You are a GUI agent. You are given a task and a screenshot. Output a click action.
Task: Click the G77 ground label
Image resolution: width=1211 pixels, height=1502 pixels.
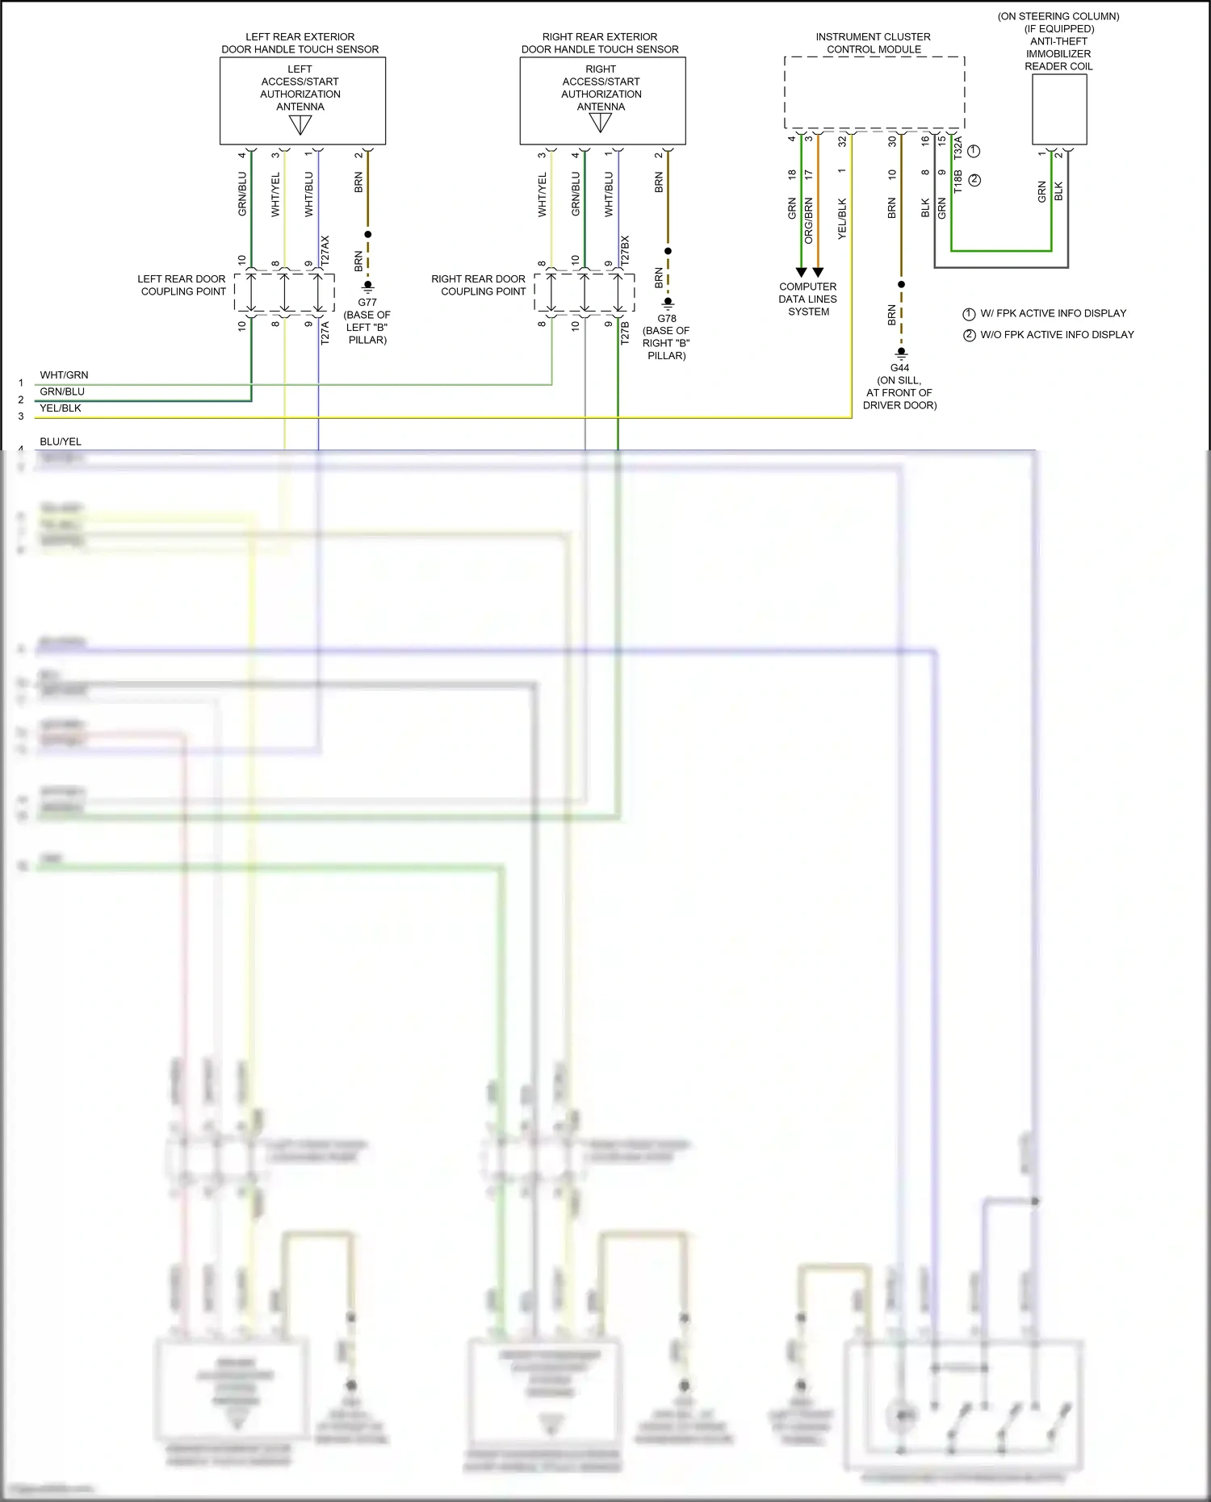click(367, 303)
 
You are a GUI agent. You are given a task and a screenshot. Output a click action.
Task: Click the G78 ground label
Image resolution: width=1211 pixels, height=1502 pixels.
click(667, 318)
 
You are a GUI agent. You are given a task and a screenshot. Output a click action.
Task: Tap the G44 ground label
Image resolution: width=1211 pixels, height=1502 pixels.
click(900, 368)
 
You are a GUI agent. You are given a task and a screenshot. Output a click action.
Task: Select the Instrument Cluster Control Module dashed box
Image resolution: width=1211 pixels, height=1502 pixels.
click(874, 92)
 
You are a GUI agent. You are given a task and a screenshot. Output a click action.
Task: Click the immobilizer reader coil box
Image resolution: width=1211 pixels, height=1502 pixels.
click(1059, 109)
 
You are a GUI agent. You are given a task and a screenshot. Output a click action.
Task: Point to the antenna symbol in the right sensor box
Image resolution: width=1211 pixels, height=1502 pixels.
click(601, 123)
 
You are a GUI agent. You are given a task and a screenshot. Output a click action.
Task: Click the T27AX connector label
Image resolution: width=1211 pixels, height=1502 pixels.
click(325, 252)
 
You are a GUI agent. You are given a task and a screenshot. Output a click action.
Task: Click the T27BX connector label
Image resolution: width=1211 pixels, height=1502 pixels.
click(625, 252)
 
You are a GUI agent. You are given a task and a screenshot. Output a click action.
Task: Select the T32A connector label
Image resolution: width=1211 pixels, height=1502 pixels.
click(958, 148)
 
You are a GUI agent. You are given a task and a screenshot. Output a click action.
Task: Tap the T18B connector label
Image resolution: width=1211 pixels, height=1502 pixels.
click(958, 181)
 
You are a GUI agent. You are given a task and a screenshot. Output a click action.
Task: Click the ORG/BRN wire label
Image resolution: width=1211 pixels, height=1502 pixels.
click(809, 220)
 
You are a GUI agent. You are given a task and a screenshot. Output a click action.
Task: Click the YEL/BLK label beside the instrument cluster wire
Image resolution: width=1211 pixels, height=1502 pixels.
click(842, 219)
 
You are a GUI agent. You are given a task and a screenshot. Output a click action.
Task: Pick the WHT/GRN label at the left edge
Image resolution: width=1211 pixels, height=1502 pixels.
click(64, 375)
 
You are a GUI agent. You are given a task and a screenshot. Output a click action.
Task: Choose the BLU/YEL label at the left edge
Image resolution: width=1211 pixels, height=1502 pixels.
click(61, 441)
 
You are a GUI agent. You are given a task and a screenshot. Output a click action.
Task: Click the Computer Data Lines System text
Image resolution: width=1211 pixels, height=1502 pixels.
click(808, 299)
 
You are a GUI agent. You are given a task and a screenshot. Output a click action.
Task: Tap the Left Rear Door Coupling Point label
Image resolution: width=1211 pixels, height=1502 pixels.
click(182, 285)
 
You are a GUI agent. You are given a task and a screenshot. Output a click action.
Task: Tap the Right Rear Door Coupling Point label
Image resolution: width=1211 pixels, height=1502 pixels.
click(479, 285)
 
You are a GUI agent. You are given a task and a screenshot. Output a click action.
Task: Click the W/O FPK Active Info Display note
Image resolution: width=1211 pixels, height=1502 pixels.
click(1056, 334)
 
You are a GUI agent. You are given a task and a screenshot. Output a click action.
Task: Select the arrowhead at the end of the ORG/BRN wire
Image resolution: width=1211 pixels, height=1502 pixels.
click(818, 273)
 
